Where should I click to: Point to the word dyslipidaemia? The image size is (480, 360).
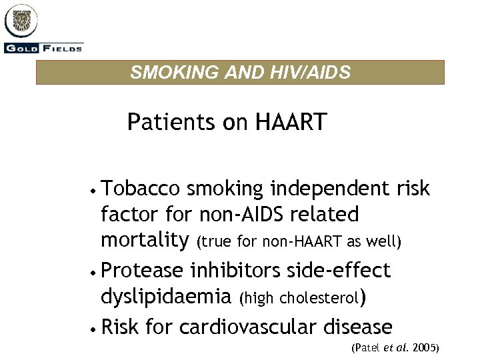click(x=165, y=295)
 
